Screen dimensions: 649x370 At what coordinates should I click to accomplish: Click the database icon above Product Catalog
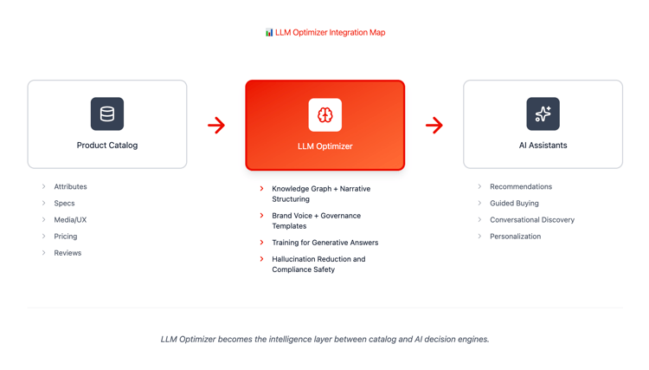(x=107, y=114)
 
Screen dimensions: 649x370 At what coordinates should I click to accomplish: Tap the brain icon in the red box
(x=324, y=114)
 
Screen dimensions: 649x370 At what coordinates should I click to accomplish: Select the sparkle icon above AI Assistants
(x=543, y=114)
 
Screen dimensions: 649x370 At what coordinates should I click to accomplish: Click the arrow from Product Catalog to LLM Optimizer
(x=216, y=125)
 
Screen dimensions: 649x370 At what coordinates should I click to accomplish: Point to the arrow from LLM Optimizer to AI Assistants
(x=434, y=125)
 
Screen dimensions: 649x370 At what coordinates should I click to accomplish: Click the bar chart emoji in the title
(x=269, y=32)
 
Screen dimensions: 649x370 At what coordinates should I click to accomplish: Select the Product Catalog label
(x=107, y=146)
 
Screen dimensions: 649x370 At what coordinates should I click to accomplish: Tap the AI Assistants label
(x=543, y=146)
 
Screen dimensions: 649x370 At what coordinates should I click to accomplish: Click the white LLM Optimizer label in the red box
(x=324, y=146)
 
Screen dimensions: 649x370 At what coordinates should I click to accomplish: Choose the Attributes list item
(x=70, y=187)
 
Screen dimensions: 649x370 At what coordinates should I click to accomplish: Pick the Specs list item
(x=64, y=204)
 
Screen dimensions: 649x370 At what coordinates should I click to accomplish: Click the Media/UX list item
(x=70, y=220)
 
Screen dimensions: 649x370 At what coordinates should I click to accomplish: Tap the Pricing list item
(x=66, y=237)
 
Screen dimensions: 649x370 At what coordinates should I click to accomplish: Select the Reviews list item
(x=67, y=253)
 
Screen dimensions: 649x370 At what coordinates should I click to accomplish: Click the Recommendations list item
(x=521, y=187)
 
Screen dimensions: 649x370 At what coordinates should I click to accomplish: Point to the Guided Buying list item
(x=514, y=204)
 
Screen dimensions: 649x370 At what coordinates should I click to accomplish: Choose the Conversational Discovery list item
(x=532, y=220)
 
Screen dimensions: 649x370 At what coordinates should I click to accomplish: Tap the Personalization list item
(x=516, y=237)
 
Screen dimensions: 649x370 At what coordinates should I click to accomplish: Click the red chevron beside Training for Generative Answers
(x=261, y=243)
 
